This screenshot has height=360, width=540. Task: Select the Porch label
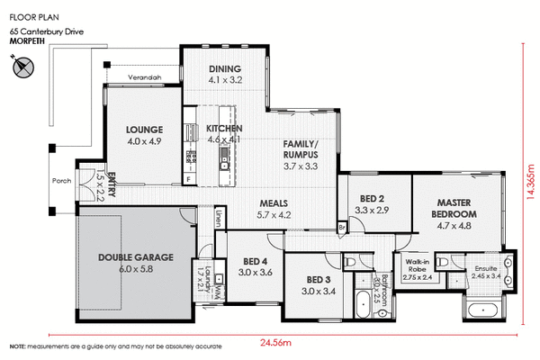61,179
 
